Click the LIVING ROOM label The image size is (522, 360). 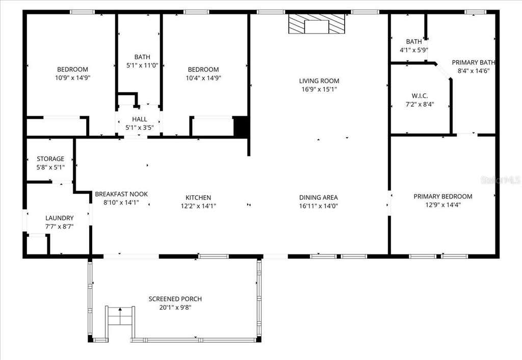pos(319,81)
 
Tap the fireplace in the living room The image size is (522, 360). pos(316,23)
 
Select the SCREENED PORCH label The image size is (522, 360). pos(175,299)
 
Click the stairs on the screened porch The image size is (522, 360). pos(120,316)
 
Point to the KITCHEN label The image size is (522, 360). pos(198,198)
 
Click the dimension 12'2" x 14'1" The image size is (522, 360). pos(198,206)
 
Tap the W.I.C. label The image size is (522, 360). pos(420,96)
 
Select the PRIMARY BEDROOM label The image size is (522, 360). pos(443,196)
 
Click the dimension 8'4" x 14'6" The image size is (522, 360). pos(474,70)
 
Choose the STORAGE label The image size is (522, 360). pos(50,159)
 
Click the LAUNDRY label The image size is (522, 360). pos(59,218)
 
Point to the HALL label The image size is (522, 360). pos(140,119)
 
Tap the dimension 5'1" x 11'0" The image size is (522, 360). pos(142,65)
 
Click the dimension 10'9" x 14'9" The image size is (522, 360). pos(73,78)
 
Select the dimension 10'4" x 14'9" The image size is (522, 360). pos(203,78)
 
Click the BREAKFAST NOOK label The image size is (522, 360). pos(121,194)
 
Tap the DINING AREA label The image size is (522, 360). pos(319,198)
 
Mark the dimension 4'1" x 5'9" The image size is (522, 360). pos(414,50)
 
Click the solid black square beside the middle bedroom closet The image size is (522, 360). pos(241,126)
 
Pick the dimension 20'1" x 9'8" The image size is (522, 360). pos(175,307)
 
